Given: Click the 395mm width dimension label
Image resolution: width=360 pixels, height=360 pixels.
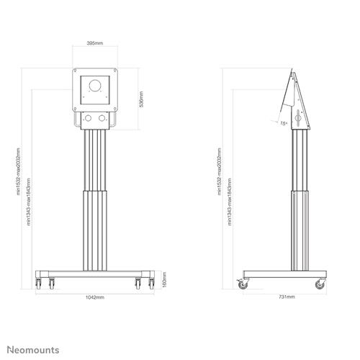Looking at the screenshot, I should point(95,43).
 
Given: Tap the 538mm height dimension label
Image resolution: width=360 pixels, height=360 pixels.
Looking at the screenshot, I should point(141,99).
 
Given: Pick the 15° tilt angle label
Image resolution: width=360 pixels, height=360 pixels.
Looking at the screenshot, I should point(284,123).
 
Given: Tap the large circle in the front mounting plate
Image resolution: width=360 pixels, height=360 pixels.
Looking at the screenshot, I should point(95,86).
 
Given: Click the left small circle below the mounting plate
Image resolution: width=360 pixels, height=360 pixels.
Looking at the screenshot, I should point(88,117).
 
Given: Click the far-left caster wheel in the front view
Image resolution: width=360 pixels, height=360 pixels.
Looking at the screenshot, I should point(39,283).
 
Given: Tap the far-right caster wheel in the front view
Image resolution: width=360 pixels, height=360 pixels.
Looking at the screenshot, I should point(150,283).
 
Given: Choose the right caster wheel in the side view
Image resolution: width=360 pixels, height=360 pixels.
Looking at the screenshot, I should point(320,286).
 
